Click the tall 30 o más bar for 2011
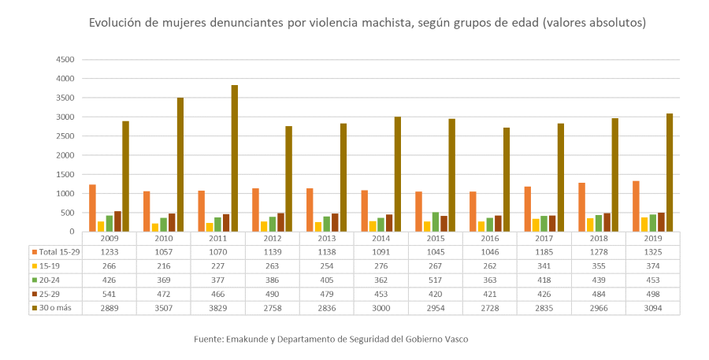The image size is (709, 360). click(x=235, y=158)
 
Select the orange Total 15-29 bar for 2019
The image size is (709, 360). click(x=636, y=206)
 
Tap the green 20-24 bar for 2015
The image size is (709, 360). click(x=436, y=222)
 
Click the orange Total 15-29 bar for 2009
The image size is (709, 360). click(x=92, y=208)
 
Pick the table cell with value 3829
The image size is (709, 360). click(x=217, y=307)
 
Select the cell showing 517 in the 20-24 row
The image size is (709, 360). click(x=435, y=279)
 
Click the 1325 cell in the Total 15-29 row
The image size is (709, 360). click(x=652, y=251)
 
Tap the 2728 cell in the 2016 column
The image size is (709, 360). click(x=489, y=307)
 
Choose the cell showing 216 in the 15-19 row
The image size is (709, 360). click(x=163, y=265)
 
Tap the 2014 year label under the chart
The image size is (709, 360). click(x=380, y=238)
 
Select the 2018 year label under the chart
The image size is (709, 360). click(x=598, y=238)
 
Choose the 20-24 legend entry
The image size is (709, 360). click(x=50, y=279)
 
